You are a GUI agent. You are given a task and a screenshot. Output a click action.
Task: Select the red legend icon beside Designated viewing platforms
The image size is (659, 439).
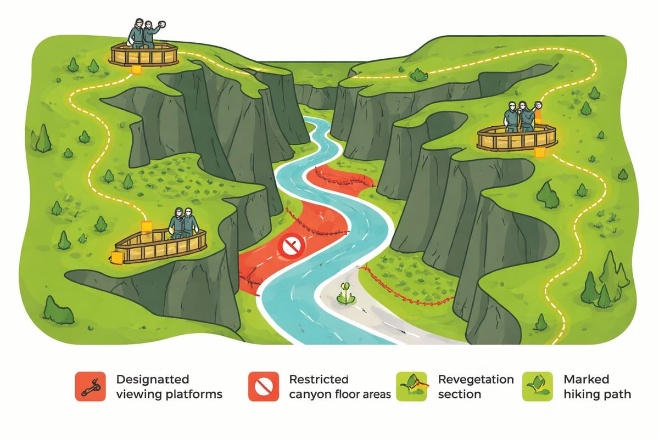click(x=89, y=386)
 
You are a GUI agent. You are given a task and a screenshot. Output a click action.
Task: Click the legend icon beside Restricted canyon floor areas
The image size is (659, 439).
click(x=263, y=386)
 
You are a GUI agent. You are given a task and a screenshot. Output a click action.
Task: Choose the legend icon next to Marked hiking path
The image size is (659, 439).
click(x=537, y=386)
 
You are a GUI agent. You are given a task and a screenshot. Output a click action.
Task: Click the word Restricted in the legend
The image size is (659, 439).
click(x=319, y=379)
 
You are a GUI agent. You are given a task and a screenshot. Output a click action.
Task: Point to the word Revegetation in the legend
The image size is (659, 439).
click(x=476, y=379)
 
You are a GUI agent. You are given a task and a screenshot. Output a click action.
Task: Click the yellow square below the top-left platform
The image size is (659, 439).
click(x=135, y=70)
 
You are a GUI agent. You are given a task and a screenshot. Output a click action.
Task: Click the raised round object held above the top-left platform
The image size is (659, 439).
click(x=162, y=25)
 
